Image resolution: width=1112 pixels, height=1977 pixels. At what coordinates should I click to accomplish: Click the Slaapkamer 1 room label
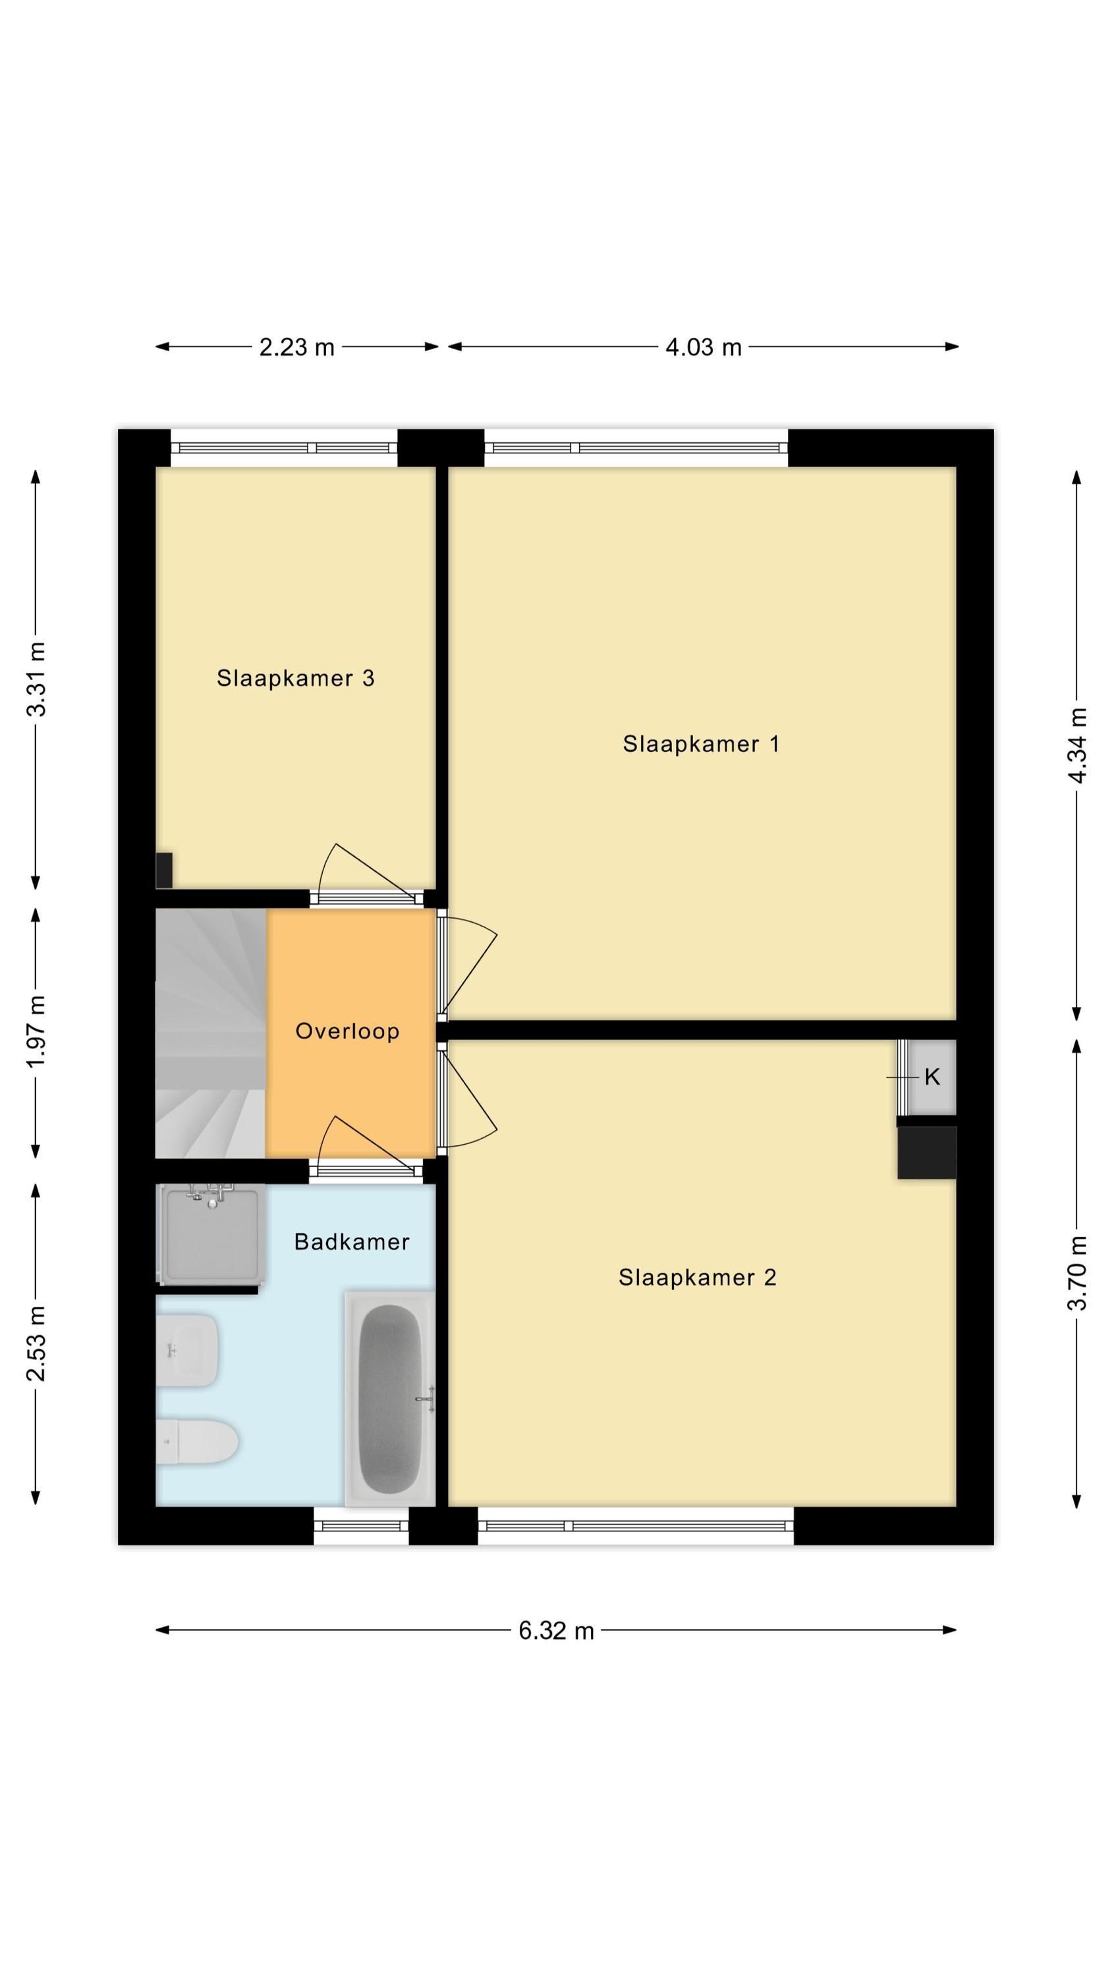pos(701,743)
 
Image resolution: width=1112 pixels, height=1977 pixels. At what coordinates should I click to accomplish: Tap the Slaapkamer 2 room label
pos(697,1277)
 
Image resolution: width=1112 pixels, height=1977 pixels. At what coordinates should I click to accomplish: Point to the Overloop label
pos(348,1031)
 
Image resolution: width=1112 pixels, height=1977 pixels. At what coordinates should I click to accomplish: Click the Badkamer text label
pos(352,1242)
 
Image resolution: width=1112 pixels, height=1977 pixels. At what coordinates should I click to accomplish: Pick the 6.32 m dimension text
pos(557,1631)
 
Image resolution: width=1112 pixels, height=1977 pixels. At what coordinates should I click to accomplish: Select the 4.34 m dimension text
pos(1078,745)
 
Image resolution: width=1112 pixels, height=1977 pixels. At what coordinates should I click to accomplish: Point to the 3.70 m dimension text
pos(1078,1273)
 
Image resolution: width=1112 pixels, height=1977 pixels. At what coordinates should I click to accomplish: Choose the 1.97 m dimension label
pos(36,1030)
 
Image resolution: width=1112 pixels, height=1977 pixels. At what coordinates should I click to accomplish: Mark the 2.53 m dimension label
pos(36,1343)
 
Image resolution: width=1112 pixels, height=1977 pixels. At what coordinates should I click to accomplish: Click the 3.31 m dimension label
pos(36,679)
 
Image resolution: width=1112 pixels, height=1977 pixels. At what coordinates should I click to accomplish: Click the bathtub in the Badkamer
pos(390,1398)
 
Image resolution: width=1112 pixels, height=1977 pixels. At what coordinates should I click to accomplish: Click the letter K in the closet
pos(932,1077)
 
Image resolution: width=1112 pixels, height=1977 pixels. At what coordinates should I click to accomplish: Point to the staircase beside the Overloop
pos(211,1033)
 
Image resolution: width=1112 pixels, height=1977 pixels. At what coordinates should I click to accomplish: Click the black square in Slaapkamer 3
pos(163,871)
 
